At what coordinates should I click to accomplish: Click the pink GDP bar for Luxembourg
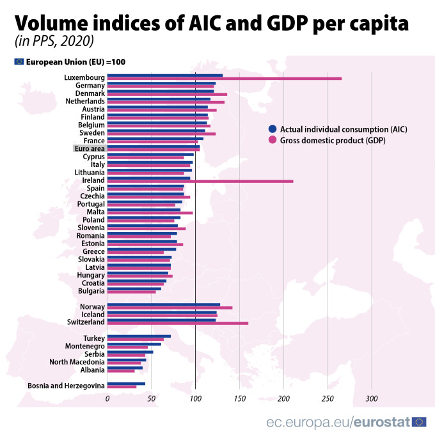click(x=224, y=79)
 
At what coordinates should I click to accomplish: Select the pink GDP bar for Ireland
click(x=200, y=181)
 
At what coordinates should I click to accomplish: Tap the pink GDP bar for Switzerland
click(x=177, y=323)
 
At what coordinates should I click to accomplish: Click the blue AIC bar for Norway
click(x=163, y=304)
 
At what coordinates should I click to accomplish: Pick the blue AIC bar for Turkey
click(x=139, y=336)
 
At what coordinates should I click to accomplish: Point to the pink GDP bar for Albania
click(x=121, y=370)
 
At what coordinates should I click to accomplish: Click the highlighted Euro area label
click(x=89, y=148)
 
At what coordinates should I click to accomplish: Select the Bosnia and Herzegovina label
click(x=66, y=386)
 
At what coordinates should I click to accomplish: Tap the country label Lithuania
click(x=88, y=172)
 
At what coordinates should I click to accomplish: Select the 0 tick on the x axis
click(x=107, y=398)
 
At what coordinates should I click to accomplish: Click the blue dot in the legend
click(x=273, y=129)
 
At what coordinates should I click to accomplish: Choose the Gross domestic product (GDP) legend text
click(x=333, y=139)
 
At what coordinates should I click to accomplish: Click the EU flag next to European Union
click(x=19, y=61)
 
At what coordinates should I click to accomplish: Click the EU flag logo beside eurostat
click(x=420, y=421)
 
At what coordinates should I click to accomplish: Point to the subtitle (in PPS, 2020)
click(x=54, y=42)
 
